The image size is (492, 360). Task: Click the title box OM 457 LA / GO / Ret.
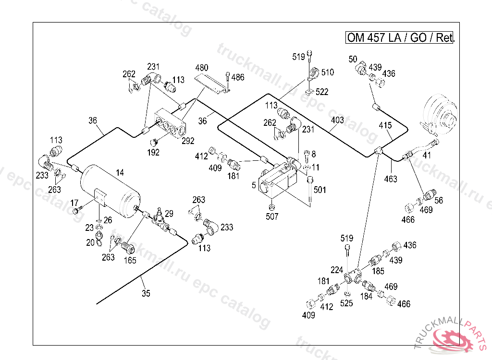click(x=399, y=37)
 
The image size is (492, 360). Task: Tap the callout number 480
click(x=202, y=68)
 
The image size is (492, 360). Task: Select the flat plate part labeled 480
click(x=212, y=84)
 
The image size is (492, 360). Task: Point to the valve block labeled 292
click(x=170, y=123)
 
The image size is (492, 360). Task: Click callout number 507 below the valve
click(x=272, y=216)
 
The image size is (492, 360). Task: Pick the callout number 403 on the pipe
click(x=337, y=120)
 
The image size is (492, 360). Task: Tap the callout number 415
click(x=385, y=125)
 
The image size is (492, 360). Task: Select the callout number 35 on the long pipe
click(x=146, y=293)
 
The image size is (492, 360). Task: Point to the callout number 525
click(x=346, y=303)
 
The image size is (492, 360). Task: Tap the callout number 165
click(x=130, y=260)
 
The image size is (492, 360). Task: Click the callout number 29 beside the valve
click(x=169, y=214)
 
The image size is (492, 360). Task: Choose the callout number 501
click(x=320, y=190)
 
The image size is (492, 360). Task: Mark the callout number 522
click(x=322, y=92)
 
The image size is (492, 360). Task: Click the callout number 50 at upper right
click(x=353, y=59)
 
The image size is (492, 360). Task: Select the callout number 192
click(x=153, y=153)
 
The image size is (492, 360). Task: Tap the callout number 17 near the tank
click(x=74, y=203)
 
